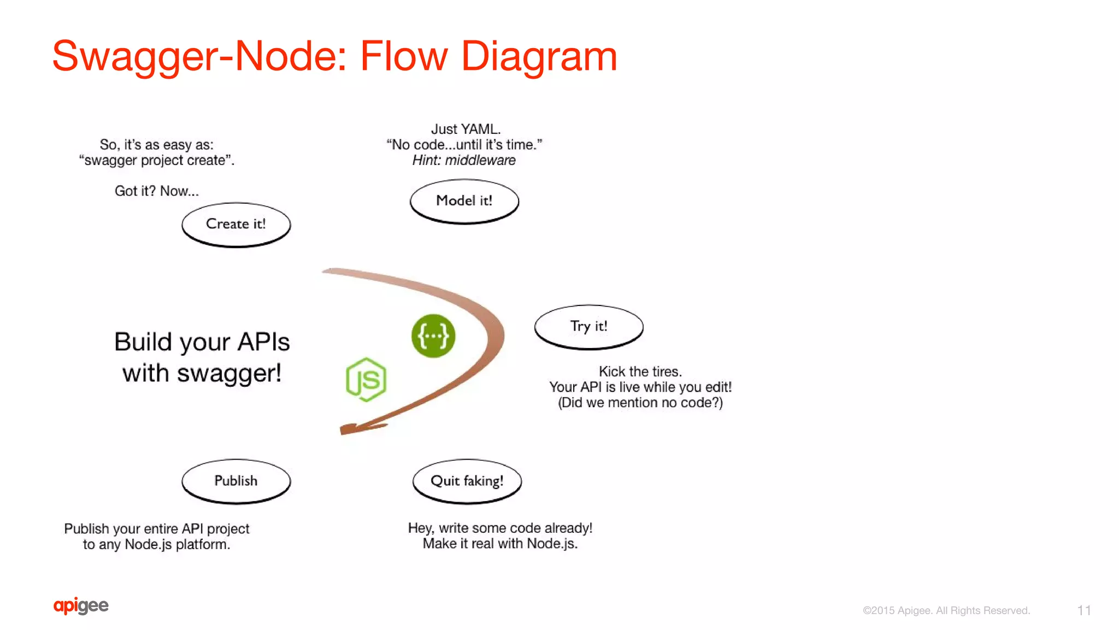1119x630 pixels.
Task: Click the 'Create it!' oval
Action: pyautogui.click(x=236, y=225)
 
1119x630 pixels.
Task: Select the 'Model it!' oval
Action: pyautogui.click(x=464, y=201)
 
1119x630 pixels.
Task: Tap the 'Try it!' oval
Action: pyautogui.click(x=588, y=327)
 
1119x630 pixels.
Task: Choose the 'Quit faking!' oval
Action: pyautogui.click(x=467, y=481)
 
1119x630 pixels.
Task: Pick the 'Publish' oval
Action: pyautogui.click(x=236, y=481)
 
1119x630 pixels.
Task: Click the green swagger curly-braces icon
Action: pyautogui.click(x=433, y=336)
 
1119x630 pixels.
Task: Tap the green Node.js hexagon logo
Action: pyautogui.click(x=366, y=380)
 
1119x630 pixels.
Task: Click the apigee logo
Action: pyautogui.click(x=81, y=605)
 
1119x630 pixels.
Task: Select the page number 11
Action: pyautogui.click(x=1084, y=610)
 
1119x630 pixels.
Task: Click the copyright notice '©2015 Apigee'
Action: pyautogui.click(x=946, y=610)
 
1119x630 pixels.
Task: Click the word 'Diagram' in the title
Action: pyautogui.click(x=539, y=56)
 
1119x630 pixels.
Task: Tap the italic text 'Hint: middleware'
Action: pyautogui.click(x=464, y=160)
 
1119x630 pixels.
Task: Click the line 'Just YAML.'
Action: pyautogui.click(x=466, y=129)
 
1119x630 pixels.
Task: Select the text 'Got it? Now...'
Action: pyautogui.click(x=156, y=191)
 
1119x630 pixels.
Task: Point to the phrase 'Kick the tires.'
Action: pyautogui.click(x=640, y=372)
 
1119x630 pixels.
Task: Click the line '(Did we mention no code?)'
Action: pyautogui.click(x=640, y=403)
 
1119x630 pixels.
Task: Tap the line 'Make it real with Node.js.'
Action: pyautogui.click(x=500, y=544)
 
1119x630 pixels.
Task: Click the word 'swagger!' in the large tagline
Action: pyautogui.click(x=229, y=373)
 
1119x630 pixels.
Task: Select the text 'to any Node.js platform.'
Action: pyautogui.click(x=156, y=544)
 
